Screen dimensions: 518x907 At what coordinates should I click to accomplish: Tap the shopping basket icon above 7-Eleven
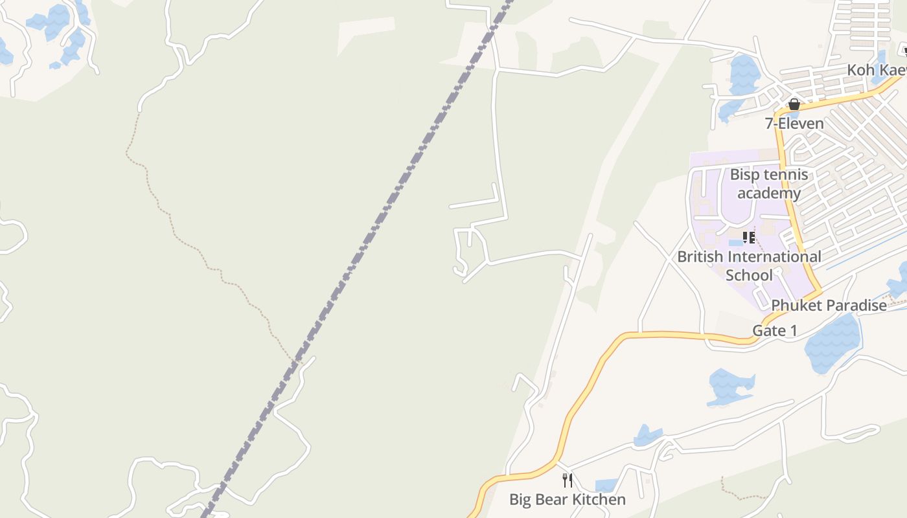coord(794,104)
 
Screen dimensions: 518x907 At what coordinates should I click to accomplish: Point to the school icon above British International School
coord(749,238)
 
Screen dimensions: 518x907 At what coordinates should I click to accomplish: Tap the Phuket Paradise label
coord(829,306)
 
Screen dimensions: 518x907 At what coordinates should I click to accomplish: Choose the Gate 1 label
coord(774,331)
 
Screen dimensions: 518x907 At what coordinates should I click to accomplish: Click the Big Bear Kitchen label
coord(568,499)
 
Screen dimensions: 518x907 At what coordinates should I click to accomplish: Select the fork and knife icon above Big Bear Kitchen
coord(568,480)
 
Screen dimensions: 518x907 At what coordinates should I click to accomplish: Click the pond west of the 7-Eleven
coord(744,74)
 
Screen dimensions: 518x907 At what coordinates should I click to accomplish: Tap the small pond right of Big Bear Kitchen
coord(606,485)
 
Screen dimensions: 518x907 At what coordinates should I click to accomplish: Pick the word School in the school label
coord(749,275)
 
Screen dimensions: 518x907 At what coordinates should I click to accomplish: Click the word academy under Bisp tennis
coord(769,193)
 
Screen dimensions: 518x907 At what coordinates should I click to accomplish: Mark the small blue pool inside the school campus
coord(735,243)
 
